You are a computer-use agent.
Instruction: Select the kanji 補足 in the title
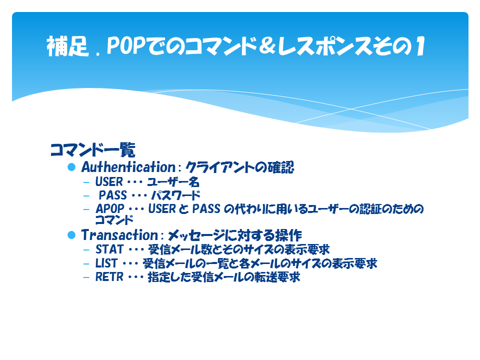coord(67,46)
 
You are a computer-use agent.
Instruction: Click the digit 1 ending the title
coord(420,46)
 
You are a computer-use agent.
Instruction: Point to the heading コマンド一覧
coord(93,149)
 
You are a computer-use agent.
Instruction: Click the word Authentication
coord(128,167)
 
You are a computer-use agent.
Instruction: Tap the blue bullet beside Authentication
coord(71,167)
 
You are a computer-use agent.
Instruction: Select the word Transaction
coord(119,235)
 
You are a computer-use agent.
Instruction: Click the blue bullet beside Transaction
coord(71,235)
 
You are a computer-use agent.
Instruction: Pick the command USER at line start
coord(109,182)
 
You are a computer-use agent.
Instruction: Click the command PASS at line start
coord(112,195)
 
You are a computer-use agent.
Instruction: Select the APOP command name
coord(110,209)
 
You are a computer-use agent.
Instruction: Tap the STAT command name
coord(109,249)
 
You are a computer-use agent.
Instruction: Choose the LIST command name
coord(106,263)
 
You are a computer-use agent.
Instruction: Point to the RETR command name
coord(109,277)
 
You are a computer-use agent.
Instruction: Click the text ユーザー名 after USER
coord(173,182)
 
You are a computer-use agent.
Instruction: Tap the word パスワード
coord(175,195)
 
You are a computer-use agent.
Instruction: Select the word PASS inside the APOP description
coord(206,209)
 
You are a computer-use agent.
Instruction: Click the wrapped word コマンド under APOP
coord(114,220)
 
